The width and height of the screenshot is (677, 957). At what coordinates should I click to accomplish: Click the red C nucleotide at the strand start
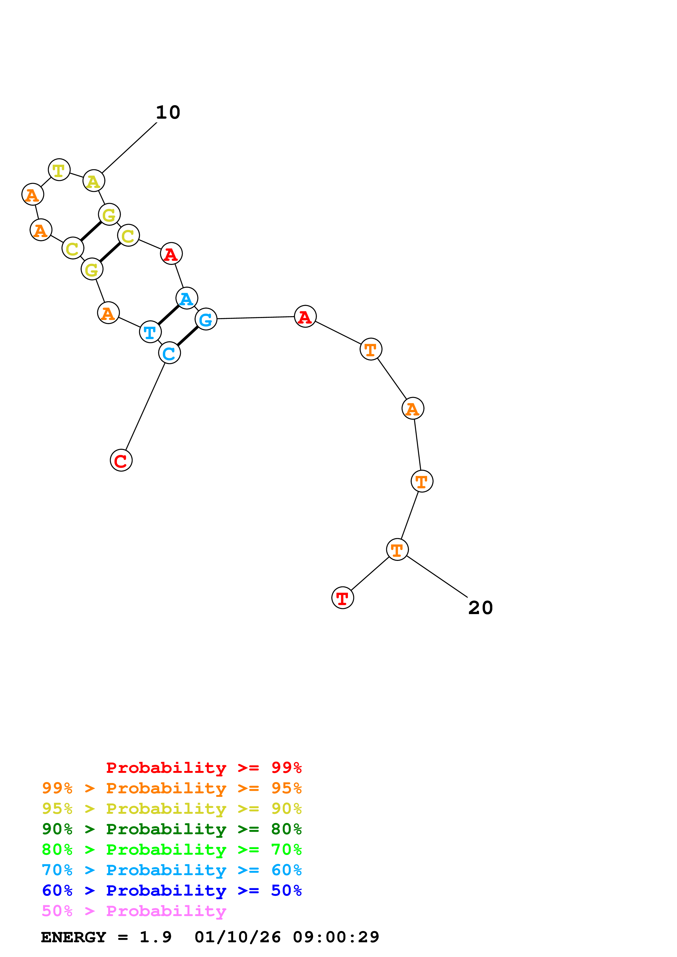pyautogui.click(x=121, y=460)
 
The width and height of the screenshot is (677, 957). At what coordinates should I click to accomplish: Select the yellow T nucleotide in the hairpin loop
pyautogui.click(x=59, y=170)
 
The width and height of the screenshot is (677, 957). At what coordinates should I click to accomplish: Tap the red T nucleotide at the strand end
pyautogui.click(x=342, y=598)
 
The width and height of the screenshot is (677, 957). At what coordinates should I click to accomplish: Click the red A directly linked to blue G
pyautogui.click(x=305, y=316)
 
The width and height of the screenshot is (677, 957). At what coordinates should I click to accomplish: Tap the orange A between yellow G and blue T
pyautogui.click(x=108, y=313)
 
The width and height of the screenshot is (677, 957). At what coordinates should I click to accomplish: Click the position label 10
pyautogui.click(x=168, y=113)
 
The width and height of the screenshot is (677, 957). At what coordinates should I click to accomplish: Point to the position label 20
pyautogui.click(x=481, y=608)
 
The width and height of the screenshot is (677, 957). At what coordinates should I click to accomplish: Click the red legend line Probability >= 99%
pyautogui.click(x=203, y=767)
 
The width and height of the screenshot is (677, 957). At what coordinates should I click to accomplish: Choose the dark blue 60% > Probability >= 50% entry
pyautogui.click(x=172, y=890)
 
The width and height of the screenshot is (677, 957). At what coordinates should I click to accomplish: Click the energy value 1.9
pyautogui.click(x=155, y=937)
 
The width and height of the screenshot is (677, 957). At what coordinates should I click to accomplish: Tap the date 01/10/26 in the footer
pyautogui.click(x=237, y=937)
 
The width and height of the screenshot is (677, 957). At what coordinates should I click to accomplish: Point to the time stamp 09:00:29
pyautogui.click(x=336, y=937)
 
